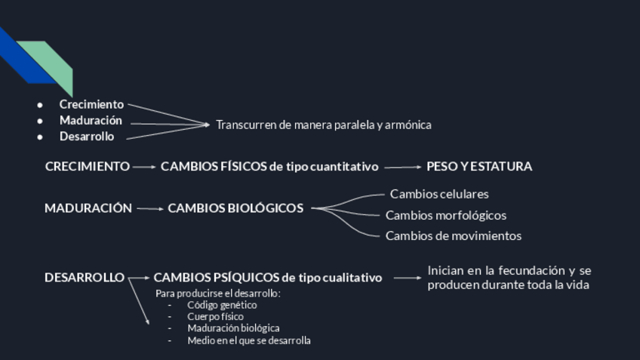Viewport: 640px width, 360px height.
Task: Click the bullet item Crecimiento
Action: [91, 104]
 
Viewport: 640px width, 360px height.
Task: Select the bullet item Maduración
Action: [91, 121]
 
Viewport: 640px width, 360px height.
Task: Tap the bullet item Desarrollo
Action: [87, 137]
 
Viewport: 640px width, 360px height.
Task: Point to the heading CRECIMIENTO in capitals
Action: [87, 167]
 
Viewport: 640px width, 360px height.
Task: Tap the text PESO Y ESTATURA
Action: [479, 167]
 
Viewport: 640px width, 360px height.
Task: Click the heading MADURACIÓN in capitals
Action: [88, 208]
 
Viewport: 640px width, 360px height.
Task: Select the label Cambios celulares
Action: [439, 194]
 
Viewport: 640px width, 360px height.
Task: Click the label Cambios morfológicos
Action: [446, 216]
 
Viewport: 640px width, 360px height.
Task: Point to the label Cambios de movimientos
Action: [454, 235]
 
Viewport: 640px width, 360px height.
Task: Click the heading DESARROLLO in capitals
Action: [84, 278]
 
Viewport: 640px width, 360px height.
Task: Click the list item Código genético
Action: [222, 305]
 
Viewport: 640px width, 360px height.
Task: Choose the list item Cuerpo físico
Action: [215, 317]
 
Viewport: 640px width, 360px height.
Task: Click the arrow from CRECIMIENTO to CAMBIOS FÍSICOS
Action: [144, 167]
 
